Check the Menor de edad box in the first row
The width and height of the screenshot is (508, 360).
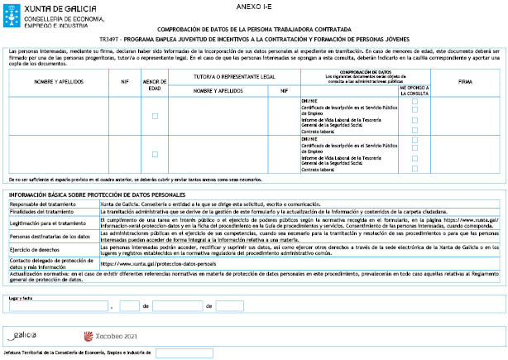(155, 117)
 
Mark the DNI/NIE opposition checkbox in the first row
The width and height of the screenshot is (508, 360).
(415, 101)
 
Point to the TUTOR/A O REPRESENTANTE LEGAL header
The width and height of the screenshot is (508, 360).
(234, 74)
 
